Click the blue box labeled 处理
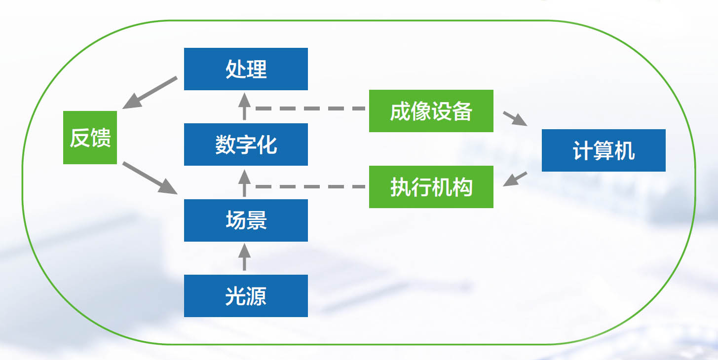[x=246, y=69]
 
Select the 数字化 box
[x=246, y=144]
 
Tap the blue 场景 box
[x=246, y=220]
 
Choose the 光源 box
[x=246, y=296]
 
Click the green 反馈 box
[x=90, y=138]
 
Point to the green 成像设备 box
[x=431, y=111]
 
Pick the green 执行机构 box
[x=431, y=187]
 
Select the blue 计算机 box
[x=604, y=150]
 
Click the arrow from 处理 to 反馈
[x=150, y=93]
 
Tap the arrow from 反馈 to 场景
[x=150, y=178]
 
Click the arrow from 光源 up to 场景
[x=245, y=257]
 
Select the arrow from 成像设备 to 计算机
[x=515, y=118]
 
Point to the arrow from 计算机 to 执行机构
[x=515, y=179]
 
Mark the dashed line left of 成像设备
[x=310, y=108]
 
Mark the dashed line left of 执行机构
[x=310, y=186]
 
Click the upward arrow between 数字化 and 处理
[x=245, y=107]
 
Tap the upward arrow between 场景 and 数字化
[x=245, y=183]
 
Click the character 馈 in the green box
[x=101, y=138]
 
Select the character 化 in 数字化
[x=266, y=145]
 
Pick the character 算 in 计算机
[x=604, y=150]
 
